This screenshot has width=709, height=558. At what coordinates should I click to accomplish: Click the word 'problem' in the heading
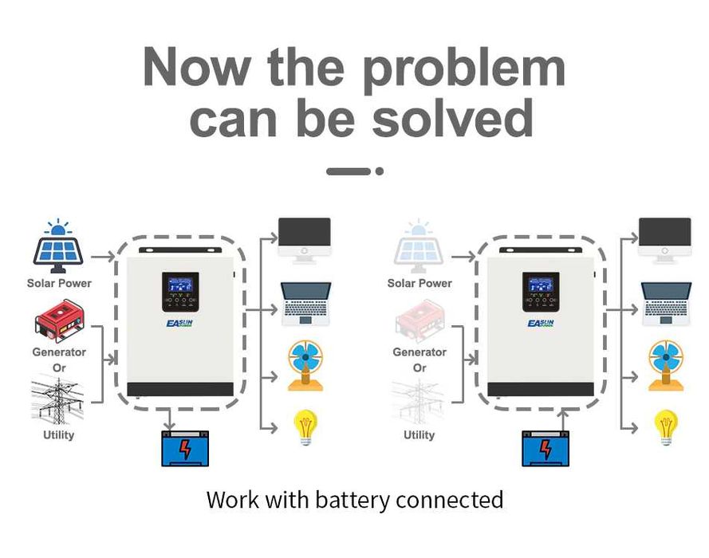pyautogui.click(x=464, y=69)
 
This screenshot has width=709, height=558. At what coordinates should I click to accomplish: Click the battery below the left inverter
pyautogui.click(x=185, y=448)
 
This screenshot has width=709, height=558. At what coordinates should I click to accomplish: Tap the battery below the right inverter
pyautogui.click(x=546, y=448)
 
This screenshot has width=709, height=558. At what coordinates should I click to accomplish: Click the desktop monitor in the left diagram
pyautogui.click(x=304, y=240)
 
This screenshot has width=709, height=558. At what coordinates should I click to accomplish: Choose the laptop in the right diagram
pyautogui.click(x=665, y=303)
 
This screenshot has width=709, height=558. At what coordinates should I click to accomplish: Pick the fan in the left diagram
pyautogui.click(x=305, y=365)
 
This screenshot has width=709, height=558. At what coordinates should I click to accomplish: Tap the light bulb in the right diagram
pyautogui.click(x=665, y=426)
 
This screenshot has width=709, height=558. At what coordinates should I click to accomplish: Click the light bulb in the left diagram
pyautogui.click(x=305, y=426)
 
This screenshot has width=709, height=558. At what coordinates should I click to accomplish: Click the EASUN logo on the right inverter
pyautogui.click(x=541, y=323)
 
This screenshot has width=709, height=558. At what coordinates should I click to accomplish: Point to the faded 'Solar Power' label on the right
pyautogui.click(x=419, y=283)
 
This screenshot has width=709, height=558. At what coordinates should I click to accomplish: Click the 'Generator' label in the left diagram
pyautogui.click(x=59, y=352)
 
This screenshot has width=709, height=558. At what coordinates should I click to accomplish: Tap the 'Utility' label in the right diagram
pyautogui.click(x=419, y=434)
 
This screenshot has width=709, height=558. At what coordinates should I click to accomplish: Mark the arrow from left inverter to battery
pyautogui.click(x=168, y=418)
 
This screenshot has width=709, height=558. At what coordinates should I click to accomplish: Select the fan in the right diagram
pyautogui.click(x=665, y=365)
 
